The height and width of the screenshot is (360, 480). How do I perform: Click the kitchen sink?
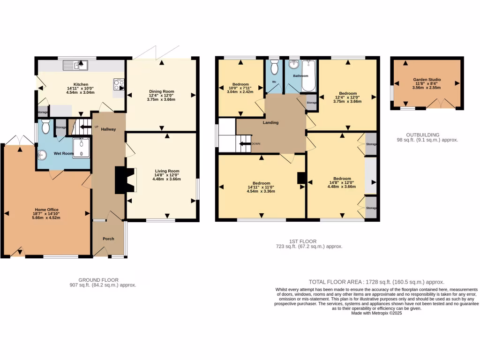[77, 65]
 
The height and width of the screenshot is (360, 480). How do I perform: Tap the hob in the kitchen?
[118, 85]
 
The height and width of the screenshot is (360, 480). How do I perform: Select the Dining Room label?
[161, 91]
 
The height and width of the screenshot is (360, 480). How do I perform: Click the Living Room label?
[167, 171]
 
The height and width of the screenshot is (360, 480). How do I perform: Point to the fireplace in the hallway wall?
[126, 180]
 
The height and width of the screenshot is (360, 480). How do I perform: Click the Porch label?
[109, 239]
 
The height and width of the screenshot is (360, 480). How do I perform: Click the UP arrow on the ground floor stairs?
[83, 127]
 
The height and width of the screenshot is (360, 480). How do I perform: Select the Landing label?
[270, 123]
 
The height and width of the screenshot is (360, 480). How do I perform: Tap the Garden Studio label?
[427, 80]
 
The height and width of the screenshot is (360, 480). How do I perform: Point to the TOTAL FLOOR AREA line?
[376, 282]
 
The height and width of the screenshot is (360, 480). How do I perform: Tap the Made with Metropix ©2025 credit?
[376, 313]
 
